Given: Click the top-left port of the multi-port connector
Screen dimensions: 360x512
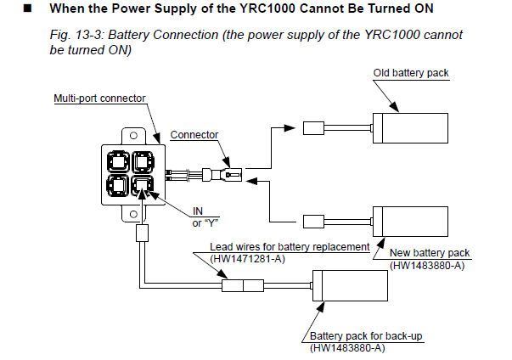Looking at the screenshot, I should coord(117,159).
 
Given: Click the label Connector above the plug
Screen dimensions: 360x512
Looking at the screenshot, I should coord(194,134).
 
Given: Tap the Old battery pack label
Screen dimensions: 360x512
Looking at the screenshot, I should coord(411,73).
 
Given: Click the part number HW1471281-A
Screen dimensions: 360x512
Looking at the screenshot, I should coord(246,259).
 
